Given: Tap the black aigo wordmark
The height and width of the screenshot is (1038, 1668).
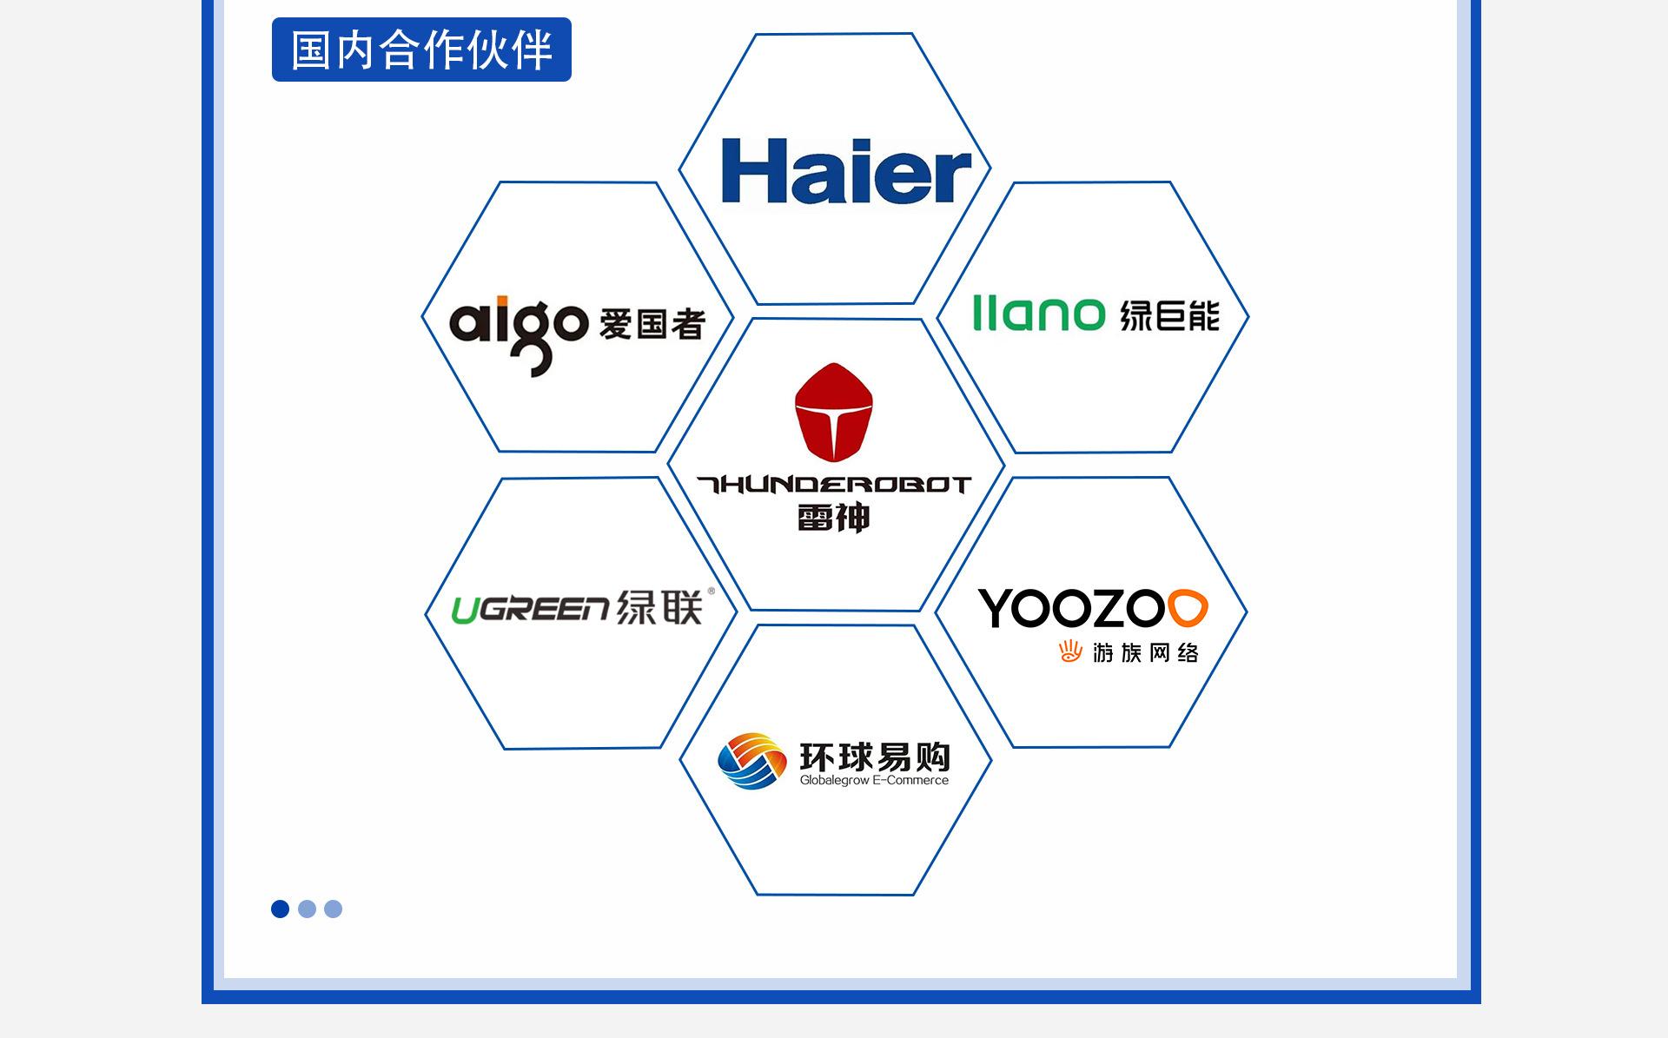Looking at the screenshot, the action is click(x=519, y=334).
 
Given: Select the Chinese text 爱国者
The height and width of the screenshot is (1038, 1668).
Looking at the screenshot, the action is click(x=652, y=324).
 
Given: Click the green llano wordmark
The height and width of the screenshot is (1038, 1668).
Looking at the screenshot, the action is click(x=1038, y=313).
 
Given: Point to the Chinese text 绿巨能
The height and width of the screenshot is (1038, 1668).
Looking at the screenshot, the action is click(x=1169, y=315).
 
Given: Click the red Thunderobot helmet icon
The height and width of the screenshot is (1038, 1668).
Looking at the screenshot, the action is click(x=834, y=412).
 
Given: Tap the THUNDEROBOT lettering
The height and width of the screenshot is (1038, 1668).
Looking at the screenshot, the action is click(x=834, y=485).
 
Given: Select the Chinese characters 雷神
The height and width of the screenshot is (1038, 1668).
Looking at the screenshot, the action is click(x=834, y=518).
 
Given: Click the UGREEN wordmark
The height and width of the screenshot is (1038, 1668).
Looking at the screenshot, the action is click(x=530, y=610).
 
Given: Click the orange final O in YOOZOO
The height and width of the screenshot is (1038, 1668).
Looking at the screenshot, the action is click(x=1188, y=608).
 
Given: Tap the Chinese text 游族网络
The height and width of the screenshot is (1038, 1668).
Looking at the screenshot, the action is click(x=1146, y=652).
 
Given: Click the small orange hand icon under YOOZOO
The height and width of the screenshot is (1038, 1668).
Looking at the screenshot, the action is click(x=1070, y=651).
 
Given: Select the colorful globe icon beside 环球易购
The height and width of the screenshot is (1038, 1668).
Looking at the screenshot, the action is click(x=752, y=761).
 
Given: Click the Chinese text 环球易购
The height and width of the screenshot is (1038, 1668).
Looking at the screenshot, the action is click(x=875, y=757).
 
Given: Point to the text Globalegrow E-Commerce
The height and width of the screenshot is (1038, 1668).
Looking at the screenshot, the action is click(x=874, y=780).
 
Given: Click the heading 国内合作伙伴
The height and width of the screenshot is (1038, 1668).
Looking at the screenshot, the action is click(x=421, y=50).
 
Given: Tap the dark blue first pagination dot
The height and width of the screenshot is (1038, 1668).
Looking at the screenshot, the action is click(x=280, y=909).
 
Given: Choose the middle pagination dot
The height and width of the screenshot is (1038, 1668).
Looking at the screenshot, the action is click(x=307, y=909).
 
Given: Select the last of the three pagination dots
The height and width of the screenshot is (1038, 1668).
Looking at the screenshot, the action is click(x=333, y=909).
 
